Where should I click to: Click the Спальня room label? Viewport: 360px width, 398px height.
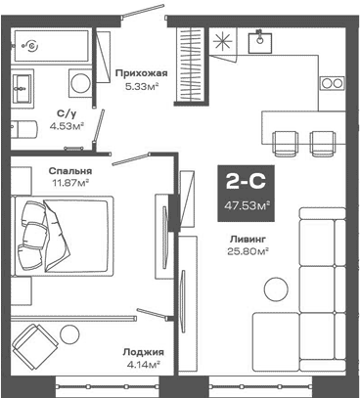coord(68,168)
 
